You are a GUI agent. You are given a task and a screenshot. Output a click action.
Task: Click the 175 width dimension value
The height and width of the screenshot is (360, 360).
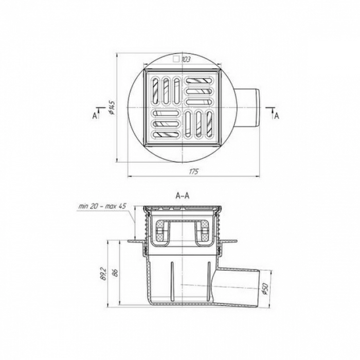click(193, 172)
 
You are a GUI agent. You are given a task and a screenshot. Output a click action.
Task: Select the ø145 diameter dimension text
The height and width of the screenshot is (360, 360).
click(112, 107)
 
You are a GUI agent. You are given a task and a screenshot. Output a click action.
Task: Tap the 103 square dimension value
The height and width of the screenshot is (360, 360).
click(186, 60)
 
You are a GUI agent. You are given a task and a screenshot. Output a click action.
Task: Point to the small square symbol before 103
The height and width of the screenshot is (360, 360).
click(176, 60)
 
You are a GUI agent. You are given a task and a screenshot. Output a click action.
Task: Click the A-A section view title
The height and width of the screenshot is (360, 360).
click(182, 195)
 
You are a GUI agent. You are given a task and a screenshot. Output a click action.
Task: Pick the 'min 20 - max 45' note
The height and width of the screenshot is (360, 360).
click(102, 206)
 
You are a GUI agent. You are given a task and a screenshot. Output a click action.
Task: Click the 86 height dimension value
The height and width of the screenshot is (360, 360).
click(116, 273)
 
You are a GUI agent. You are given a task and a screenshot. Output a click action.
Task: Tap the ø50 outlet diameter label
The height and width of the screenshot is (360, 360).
click(265, 289)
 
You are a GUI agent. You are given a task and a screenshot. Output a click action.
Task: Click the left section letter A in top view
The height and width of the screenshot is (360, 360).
click(95, 116)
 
